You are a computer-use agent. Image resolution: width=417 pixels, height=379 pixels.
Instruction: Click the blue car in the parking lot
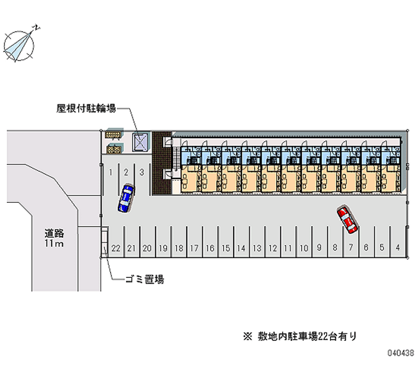point(126,198)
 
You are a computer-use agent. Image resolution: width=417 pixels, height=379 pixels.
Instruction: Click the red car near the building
point(347,219)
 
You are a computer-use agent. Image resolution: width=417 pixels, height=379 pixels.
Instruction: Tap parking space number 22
point(116,248)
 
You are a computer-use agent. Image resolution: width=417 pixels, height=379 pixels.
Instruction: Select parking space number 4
point(398,248)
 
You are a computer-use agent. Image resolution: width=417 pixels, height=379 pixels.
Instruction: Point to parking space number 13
point(256,248)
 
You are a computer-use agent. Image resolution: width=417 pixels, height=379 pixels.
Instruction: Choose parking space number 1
point(111,171)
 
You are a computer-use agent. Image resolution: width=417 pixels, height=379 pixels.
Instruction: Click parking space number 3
point(142,171)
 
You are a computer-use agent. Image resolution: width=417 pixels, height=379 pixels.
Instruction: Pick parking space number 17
point(194,248)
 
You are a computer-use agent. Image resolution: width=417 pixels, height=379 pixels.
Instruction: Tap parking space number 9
point(319,248)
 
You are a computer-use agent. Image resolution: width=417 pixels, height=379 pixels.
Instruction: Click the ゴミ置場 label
point(144,279)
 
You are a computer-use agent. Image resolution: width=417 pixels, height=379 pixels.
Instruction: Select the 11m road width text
point(54,244)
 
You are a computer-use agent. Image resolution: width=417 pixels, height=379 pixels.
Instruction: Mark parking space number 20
point(147,248)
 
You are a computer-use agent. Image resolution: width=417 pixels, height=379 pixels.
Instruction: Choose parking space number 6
point(366,248)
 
